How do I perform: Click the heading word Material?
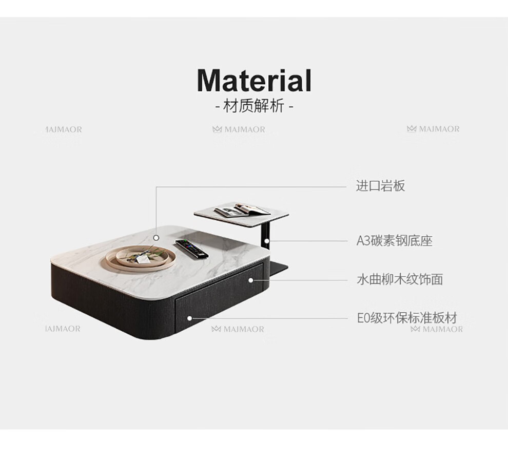[x=254, y=81]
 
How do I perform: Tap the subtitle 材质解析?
[x=254, y=107]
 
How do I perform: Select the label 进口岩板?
[x=380, y=186]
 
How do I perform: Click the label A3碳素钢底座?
[x=394, y=241]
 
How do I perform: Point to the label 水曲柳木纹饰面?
[x=399, y=280]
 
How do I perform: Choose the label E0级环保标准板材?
[x=406, y=318]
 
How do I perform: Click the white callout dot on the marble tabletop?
[x=156, y=238]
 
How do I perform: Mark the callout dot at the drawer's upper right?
[x=251, y=280]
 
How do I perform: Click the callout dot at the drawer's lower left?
[x=189, y=318]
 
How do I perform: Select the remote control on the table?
[x=191, y=249]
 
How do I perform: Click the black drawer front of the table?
[x=218, y=303]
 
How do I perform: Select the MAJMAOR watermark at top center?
[x=239, y=129]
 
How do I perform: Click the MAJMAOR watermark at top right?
[x=434, y=129]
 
